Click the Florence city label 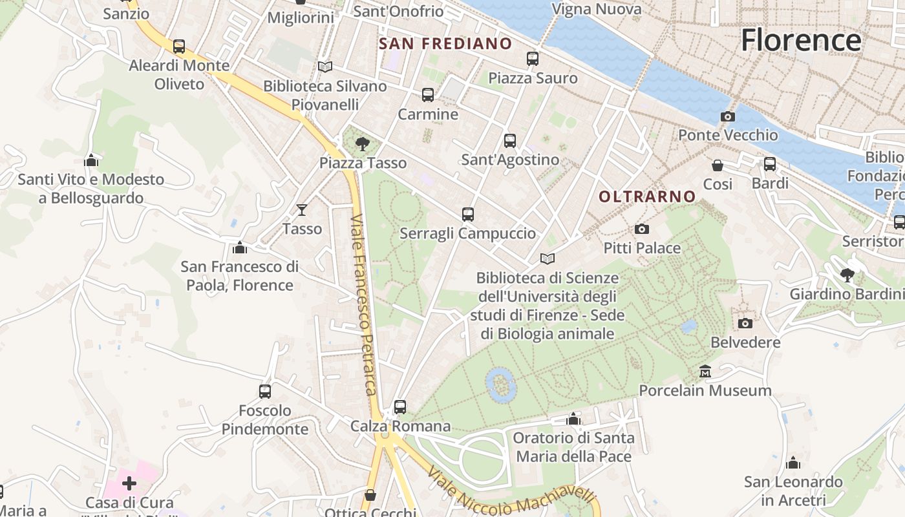coord(800,40)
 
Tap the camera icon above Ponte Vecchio coord(728,117)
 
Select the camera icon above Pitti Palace coord(642,229)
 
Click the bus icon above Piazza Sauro coord(533,59)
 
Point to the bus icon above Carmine coord(428,95)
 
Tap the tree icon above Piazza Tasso coord(363,143)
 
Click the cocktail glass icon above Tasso coord(302,209)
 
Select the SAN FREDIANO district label coord(445,44)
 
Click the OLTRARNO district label coord(647,196)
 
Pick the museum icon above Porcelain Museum coord(705,372)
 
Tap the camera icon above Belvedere coord(745,323)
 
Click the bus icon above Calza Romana coord(400,407)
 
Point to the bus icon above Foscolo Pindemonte coord(265,391)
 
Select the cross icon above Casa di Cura coord(129,483)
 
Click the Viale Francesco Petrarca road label coord(363,304)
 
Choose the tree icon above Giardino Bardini coord(847,275)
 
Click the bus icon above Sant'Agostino coord(510,140)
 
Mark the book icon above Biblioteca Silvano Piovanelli coord(325,67)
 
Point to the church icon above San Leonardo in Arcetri coord(793,463)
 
